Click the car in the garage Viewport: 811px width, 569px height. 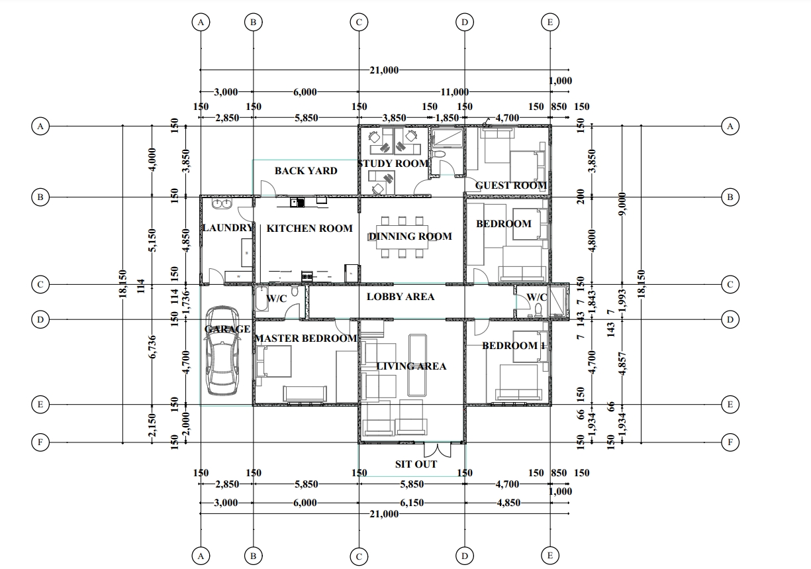pos(222,350)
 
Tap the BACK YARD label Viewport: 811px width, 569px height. pos(306,171)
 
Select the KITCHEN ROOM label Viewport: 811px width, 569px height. pos(310,228)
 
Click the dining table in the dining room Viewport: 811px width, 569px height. pos(402,237)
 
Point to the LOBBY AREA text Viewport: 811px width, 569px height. pos(401,297)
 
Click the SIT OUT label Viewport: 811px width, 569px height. pos(416,464)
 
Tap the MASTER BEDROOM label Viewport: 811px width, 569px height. pos(306,338)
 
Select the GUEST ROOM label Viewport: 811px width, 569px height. pos(511,185)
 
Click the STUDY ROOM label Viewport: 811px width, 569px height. pos(393,164)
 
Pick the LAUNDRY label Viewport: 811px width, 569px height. pos(227,228)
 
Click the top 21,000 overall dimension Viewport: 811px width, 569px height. pos(384,70)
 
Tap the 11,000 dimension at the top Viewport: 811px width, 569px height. pos(455,92)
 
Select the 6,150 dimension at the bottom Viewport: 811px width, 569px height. pos(412,503)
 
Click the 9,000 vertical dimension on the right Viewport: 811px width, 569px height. pos(622,204)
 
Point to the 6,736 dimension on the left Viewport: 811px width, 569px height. pos(152,347)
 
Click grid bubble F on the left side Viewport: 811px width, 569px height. pos(40,442)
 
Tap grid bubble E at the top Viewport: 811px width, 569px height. pos(550,22)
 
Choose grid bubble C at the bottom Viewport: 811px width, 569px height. pos(359,556)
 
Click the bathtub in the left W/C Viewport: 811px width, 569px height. pos(262,299)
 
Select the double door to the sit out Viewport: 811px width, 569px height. pos(438,450)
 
